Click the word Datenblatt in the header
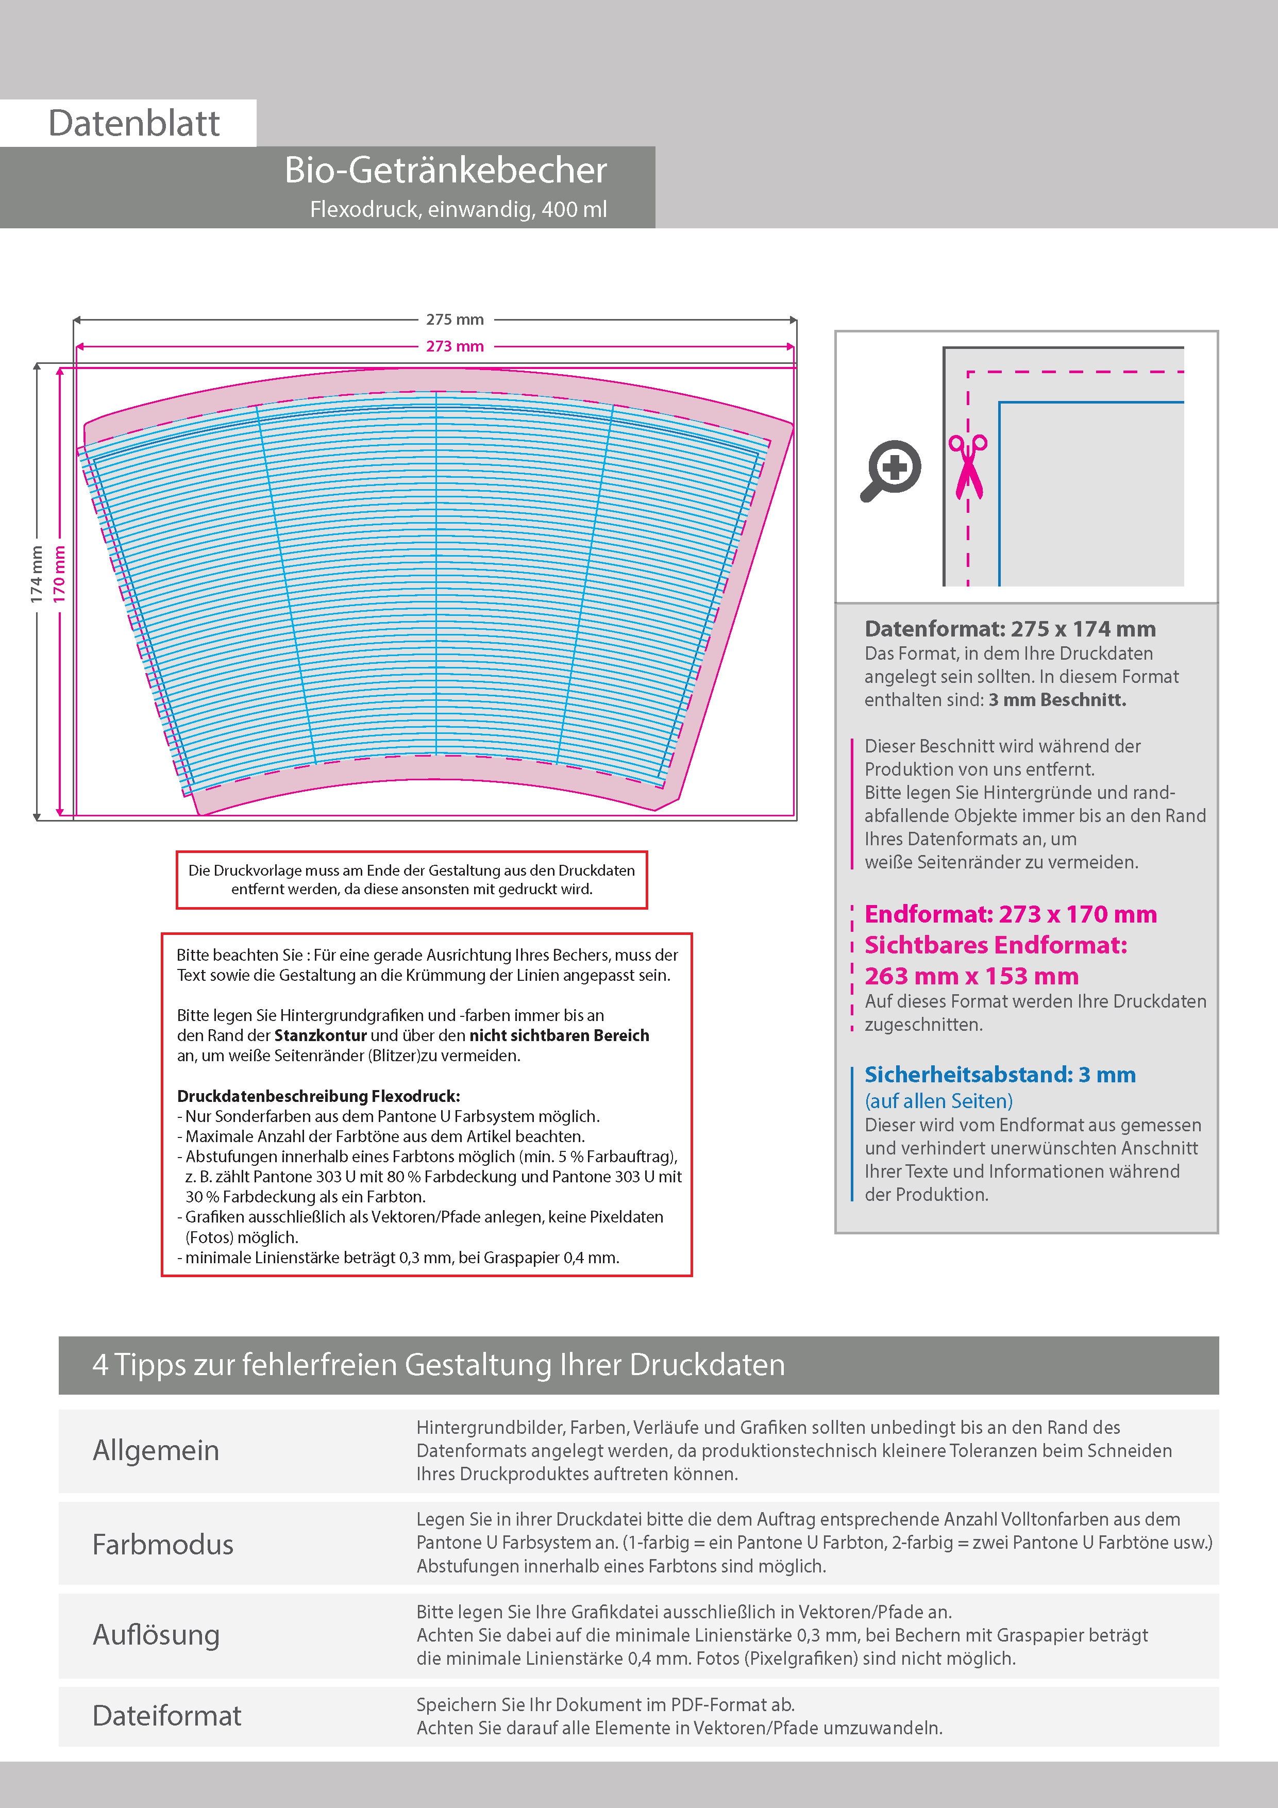pos(134,124)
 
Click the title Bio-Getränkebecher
pos(446,170)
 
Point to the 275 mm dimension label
pos(455,320)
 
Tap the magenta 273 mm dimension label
pos(455,346)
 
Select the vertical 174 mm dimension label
pos(36,575)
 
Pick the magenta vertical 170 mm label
pos(60,575)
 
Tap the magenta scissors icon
pos(968,466)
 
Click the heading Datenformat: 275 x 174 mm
pos(1010,629)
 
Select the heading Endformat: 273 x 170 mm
pos(1010,914)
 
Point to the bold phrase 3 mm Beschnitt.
pos(1057,700)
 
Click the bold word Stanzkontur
pos(321,1035)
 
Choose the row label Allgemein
pos(156,1450)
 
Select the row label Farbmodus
pos(163,1544)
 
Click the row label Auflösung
pos(156,1635)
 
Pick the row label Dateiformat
pos(167,1716)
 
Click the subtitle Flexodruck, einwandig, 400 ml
pos(458,209)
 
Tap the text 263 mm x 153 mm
pos(972,977)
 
